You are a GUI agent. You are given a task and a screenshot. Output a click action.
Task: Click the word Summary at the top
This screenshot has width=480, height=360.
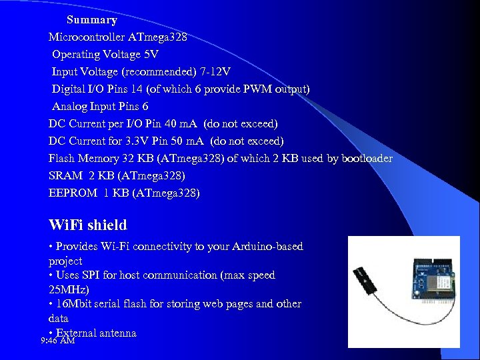(x=92, y=20)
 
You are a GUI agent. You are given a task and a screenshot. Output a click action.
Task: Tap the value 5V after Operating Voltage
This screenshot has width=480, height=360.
(x=151, y=55)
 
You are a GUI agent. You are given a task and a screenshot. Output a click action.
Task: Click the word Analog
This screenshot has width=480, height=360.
(x=71, y=107)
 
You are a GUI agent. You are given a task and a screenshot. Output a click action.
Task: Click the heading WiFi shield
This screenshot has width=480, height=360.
(x=88, y=225)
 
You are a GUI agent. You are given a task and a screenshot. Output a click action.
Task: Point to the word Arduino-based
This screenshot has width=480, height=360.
(x=266, y=247)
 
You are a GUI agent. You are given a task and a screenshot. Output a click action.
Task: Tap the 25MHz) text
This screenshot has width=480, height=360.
(x=70, y=290)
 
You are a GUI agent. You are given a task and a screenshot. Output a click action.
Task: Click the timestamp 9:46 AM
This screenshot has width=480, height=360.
(x=58, y=341)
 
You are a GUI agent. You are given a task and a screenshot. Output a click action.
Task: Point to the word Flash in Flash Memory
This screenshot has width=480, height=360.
(x=61, y=159)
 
